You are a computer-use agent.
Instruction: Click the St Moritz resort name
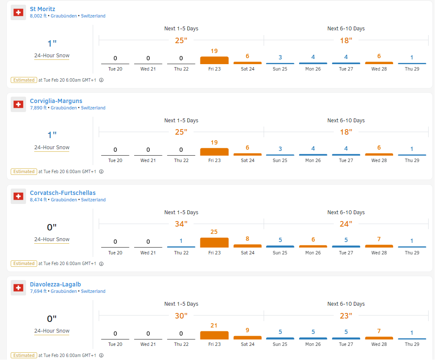[42, 9]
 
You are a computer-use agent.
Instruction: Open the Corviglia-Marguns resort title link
[56, 101]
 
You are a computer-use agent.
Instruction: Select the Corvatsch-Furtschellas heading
[63, 193]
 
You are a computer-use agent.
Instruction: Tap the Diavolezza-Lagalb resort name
[56, 284]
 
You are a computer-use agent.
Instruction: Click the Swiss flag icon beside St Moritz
[18, 12]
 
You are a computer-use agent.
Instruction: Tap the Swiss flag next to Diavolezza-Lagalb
[18, 288]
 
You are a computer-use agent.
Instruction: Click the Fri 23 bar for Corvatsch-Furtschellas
[214, 242]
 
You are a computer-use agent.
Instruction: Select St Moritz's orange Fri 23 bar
[214, 60]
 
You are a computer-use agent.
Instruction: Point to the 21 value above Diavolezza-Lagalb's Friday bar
[214, 325]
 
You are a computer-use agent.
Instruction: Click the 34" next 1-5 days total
[181, 224]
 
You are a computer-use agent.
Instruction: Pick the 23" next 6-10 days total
[346, 316]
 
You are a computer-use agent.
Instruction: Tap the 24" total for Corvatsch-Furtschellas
[346, 224]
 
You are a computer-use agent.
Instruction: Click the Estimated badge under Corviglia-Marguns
[24, 171]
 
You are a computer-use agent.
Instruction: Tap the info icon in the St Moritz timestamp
[101, 80]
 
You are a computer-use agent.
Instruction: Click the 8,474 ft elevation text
[38, 200]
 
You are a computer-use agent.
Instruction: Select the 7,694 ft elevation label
[38, 291]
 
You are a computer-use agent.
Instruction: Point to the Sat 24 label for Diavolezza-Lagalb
[247, 344]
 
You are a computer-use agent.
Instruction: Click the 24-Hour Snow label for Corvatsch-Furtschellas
[52, 239]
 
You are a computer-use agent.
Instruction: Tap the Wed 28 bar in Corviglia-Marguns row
[379, 154]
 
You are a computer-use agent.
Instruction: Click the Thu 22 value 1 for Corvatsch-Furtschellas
[181, 241]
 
